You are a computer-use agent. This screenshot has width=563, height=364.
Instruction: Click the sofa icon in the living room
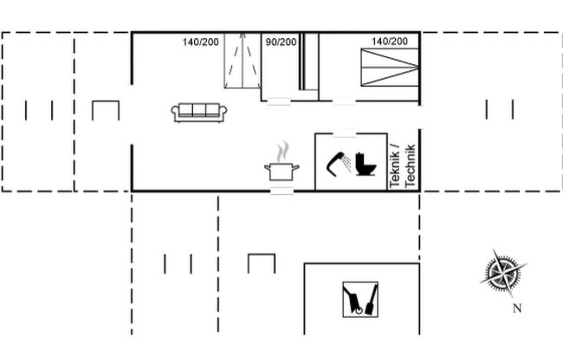(x=199, y=113)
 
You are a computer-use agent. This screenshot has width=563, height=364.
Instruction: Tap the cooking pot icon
(x=281, y=172)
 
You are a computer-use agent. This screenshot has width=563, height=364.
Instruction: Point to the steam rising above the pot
(x=282, y=152)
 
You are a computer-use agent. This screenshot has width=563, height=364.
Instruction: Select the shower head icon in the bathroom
(x=339, y=164)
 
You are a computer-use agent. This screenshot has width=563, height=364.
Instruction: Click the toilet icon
(x=366, y=164)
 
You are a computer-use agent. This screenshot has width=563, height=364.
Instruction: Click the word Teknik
(x=394, y=165)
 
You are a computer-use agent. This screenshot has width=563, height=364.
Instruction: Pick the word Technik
(x=410, y=166)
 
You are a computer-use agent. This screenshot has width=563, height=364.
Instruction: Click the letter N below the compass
(x=517, y=309)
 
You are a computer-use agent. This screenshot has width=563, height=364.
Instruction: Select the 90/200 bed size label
(x=281, y=42)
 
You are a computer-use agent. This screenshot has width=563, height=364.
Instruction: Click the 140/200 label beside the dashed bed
(x=200, y=42)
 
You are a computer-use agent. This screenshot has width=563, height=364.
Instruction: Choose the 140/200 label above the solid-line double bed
(x=390, y=42)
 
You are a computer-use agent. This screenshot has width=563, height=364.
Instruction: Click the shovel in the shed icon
(x=372, y=300)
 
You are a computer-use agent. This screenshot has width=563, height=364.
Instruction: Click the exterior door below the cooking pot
(x=281, y=191)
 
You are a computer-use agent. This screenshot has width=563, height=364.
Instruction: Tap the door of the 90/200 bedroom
(x=279, y=101)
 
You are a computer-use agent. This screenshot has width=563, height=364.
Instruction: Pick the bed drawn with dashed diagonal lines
(x=243, y=61)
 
